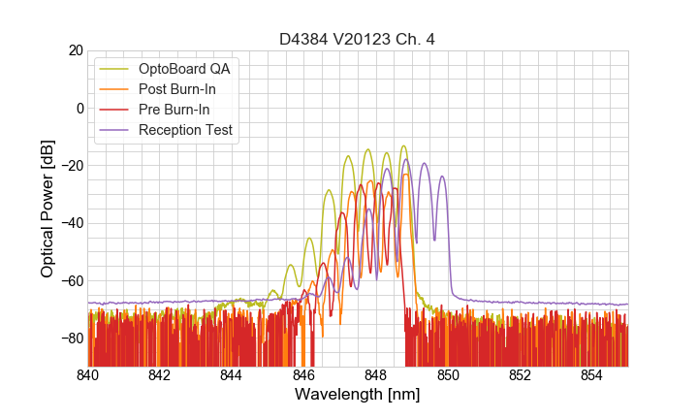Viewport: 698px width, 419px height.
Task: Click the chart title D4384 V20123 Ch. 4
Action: tap(357, 39)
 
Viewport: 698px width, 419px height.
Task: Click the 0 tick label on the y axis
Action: tap(79, 108)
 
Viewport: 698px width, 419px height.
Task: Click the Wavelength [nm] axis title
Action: tap(357, 395)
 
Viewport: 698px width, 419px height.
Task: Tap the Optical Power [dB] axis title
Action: tap(47, 208)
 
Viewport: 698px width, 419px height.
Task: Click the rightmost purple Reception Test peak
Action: tap(442, 177)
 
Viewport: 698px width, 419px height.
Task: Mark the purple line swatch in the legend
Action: tap(114, 130)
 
